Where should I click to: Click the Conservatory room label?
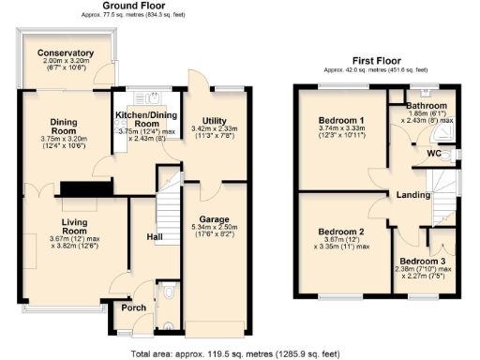coord(65,53)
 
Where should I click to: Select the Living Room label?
coord(74,225)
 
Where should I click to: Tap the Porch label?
coord(127,307)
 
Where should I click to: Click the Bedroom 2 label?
coord(340,231)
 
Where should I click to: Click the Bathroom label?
coord(425,105)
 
